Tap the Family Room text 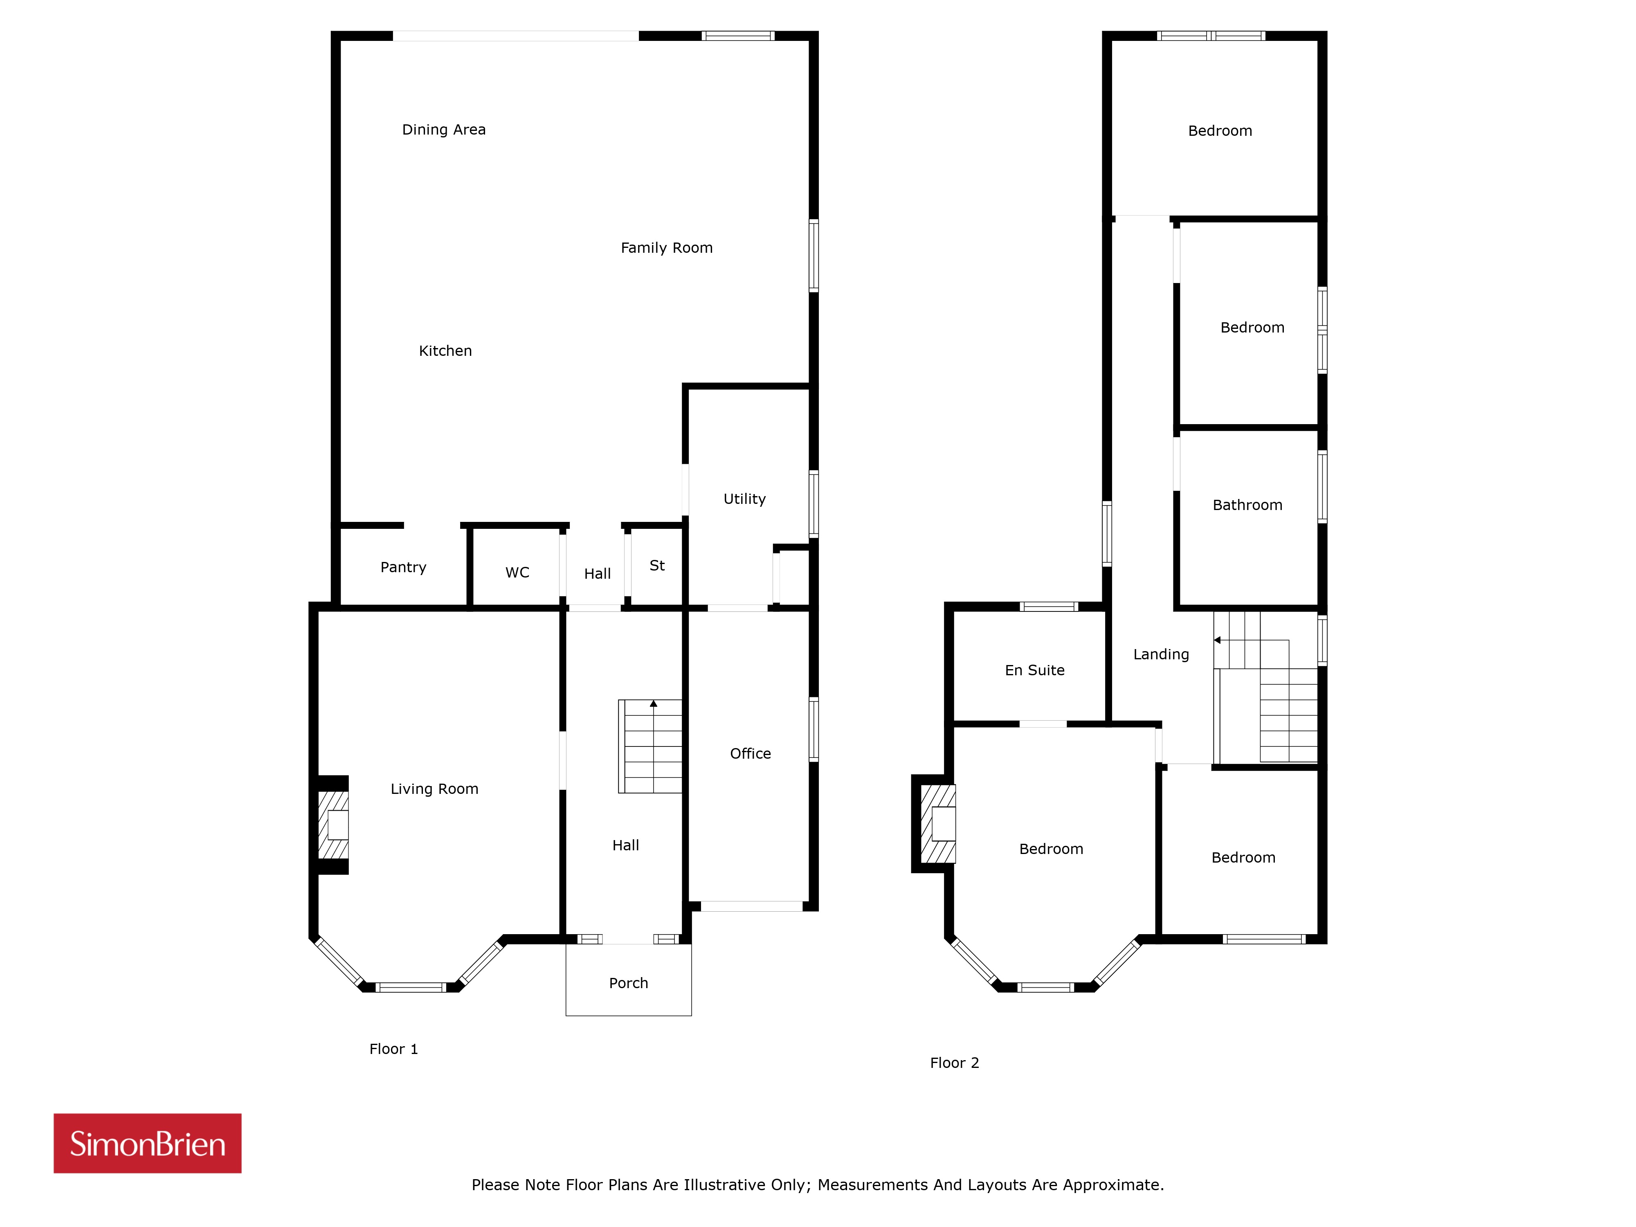pyautogui.click(x=666, y=248)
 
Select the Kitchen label pyautogui.click(x=445, y=351)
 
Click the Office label pyautogui.click(x=751, y=754)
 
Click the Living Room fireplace pyautogui.click(x=333, y=825)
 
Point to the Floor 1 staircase pyautogui.click(x=650, y=746)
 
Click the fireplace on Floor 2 pyautogui.click(x=938, y=824)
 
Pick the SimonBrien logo pyautogui.click(x=147, y=1144)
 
